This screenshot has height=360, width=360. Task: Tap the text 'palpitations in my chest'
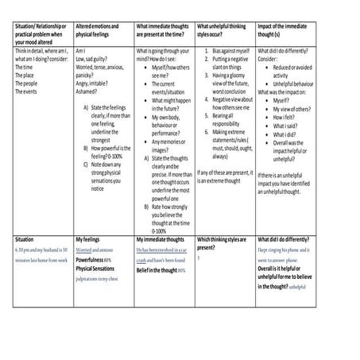(103, 279)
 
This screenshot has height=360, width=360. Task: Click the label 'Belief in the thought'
(157, 270)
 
